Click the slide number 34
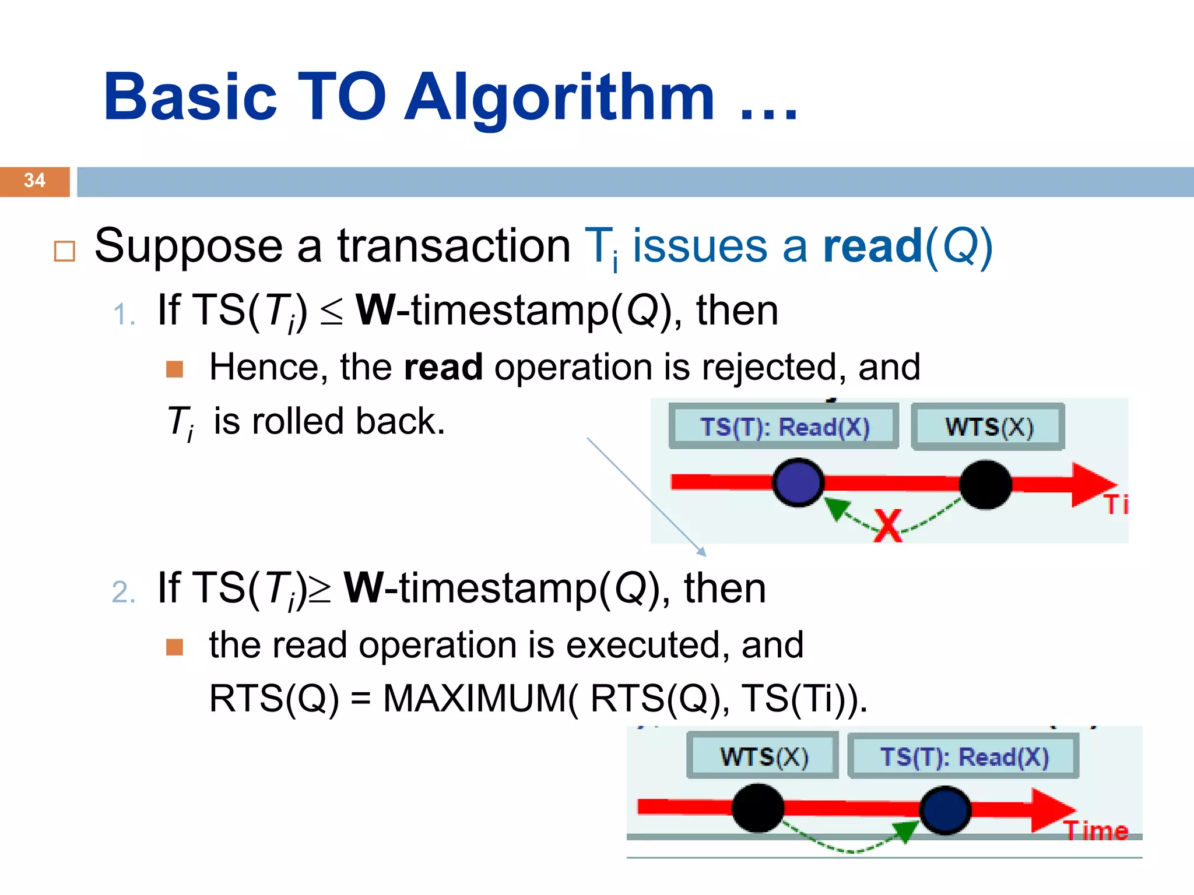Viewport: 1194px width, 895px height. coord(34,180)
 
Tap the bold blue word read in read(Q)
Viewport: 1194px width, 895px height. coord(873,246)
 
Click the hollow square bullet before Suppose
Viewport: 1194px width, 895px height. coord(64,251)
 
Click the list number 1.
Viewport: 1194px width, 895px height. coord(123,315)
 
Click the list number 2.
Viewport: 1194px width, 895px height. coord(123,593)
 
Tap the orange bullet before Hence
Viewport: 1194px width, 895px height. coord(174,369)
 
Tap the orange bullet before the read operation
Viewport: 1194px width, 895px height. coord(174,647)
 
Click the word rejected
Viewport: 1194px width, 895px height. coord(774,368)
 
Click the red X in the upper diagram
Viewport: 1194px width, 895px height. coord(887,526)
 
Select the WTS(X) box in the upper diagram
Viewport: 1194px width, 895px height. coord(988,427)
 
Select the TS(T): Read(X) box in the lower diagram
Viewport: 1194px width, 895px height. coord(963,757)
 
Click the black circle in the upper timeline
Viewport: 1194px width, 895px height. coord(985,484)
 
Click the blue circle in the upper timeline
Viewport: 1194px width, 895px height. coord(798,482)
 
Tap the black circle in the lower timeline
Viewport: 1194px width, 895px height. coord(757,808)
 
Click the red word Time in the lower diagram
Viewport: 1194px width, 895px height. coord(1096,830)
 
